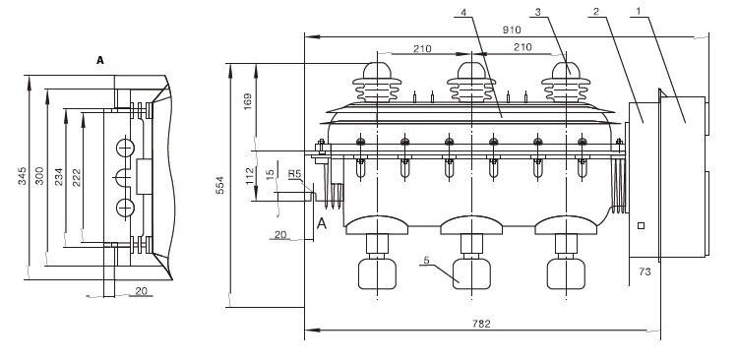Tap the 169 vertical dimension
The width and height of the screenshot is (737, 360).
tap(248, 101)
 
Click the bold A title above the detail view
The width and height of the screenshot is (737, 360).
tap(100, 60)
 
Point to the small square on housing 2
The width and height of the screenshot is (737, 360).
tap(641, 226)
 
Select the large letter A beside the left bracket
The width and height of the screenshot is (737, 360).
tap(322, 224)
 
